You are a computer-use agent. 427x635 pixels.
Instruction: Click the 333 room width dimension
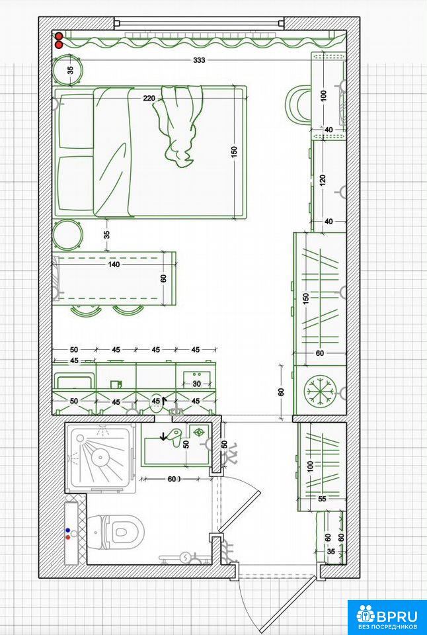click(x=199, y=60)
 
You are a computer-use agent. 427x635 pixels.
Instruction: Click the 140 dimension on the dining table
click(x=114, y=265)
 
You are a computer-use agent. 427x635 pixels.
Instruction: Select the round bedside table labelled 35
click(x=68, y=71)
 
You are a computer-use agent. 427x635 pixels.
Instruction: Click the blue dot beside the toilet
click(x=67, y=530)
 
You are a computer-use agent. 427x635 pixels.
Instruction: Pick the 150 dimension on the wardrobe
click(x=305, y=299)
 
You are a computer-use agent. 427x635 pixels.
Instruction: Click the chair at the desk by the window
click(x=298, y=104)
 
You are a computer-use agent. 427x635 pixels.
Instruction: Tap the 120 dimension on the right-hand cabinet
click(x=323, y=179)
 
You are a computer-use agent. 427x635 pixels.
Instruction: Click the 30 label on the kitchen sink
click(x=196, y=384)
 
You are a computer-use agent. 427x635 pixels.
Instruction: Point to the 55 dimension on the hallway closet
click(x=322, y=499)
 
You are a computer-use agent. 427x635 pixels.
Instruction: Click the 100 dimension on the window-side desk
click(x=323, y=95)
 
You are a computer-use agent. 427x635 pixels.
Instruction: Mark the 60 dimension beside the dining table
click(x=163, y=278)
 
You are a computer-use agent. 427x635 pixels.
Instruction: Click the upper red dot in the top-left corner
click(x=59, y=36)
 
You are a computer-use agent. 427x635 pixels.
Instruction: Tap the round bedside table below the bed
click(x=67, y=235)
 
